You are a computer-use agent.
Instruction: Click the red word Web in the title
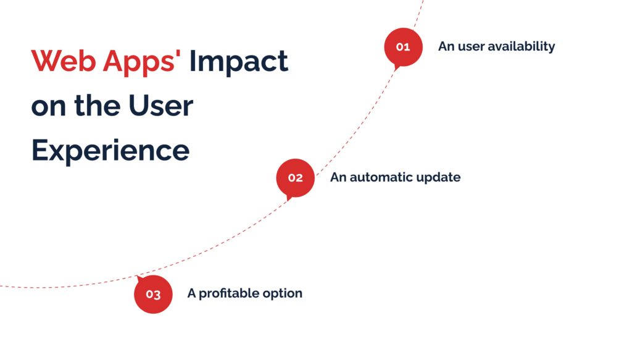[x=64, y=61]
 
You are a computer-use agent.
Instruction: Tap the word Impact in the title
[x=239, y=62]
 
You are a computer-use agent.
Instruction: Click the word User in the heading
[x=161, y=106]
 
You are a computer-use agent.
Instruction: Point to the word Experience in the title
[x=110, y=151]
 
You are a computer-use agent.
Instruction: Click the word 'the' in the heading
[x=98, y=106]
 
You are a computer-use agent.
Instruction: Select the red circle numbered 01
[x=403, y=47]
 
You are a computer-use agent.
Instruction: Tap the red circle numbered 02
[x=295, y=177]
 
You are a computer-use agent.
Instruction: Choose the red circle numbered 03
[x=153, y=295]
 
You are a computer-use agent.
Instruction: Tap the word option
[x=282, y=294]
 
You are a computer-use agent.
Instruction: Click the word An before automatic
[x=338, y=177]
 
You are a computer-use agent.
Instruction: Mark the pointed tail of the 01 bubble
[x=396, y=70]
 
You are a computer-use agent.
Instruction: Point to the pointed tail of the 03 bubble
[x=138, y=277]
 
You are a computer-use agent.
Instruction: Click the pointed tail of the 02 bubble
[x=288, y=200]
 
